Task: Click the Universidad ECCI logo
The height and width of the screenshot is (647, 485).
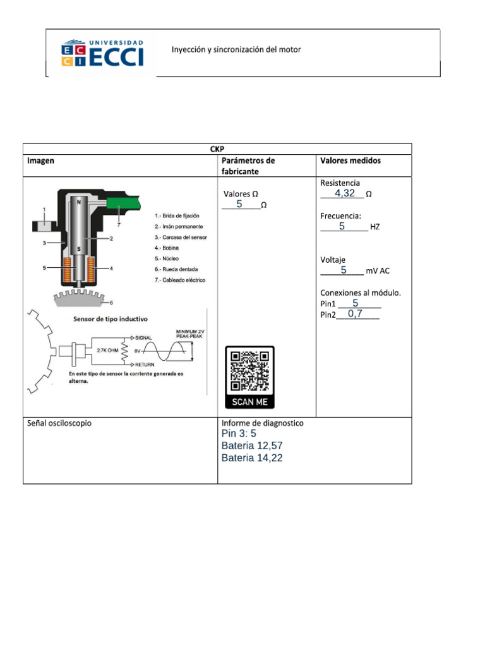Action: click(102, 53)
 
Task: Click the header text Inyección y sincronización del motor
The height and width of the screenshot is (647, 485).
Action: click(236, 49)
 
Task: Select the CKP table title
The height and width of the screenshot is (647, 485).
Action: click(217, 149)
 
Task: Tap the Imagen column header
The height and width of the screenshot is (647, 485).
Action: click(40, 160)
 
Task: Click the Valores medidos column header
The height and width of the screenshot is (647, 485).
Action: click(350, 160)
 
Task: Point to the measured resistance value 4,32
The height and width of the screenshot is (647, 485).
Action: click(344, 193)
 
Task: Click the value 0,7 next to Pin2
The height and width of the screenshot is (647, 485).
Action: click(355, 313)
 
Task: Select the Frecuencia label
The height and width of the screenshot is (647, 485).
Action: click(340, 215)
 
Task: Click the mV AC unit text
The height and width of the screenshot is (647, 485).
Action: click(378, 271)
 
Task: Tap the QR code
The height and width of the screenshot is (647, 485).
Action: click(249, 371)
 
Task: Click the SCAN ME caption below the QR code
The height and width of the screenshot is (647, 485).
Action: click(249, 402)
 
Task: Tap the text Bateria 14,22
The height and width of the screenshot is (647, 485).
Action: click(252, 458)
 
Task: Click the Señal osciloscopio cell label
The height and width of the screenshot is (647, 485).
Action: click(59, 423)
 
